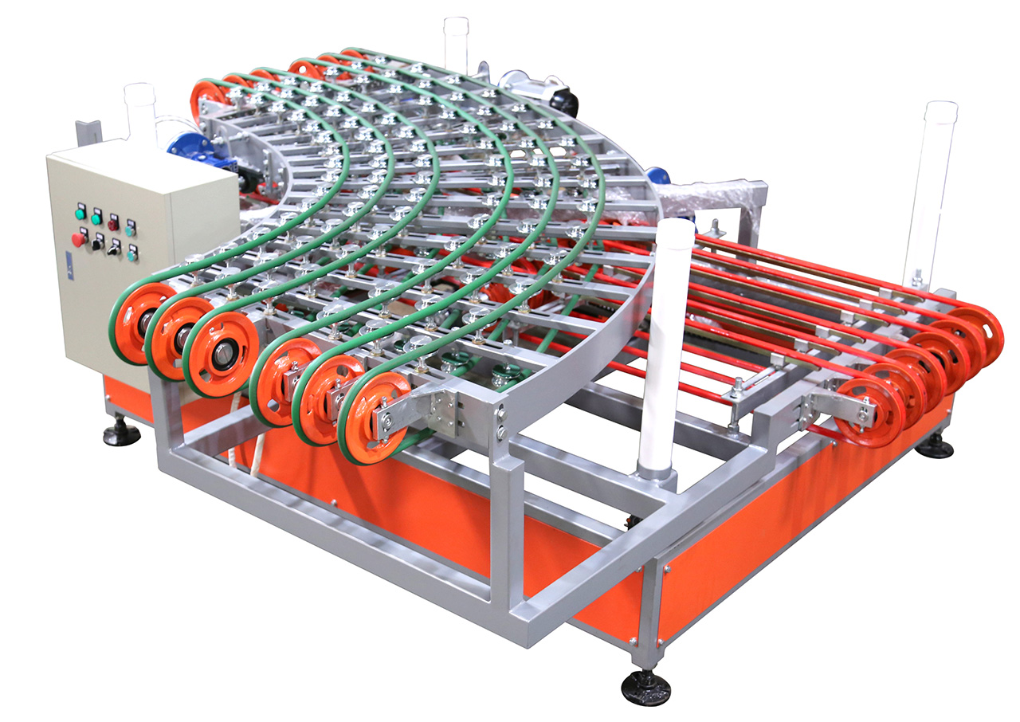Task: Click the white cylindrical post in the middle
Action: (661, 343)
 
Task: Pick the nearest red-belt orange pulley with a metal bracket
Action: (869, 411)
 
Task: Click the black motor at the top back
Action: (563, 100)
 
